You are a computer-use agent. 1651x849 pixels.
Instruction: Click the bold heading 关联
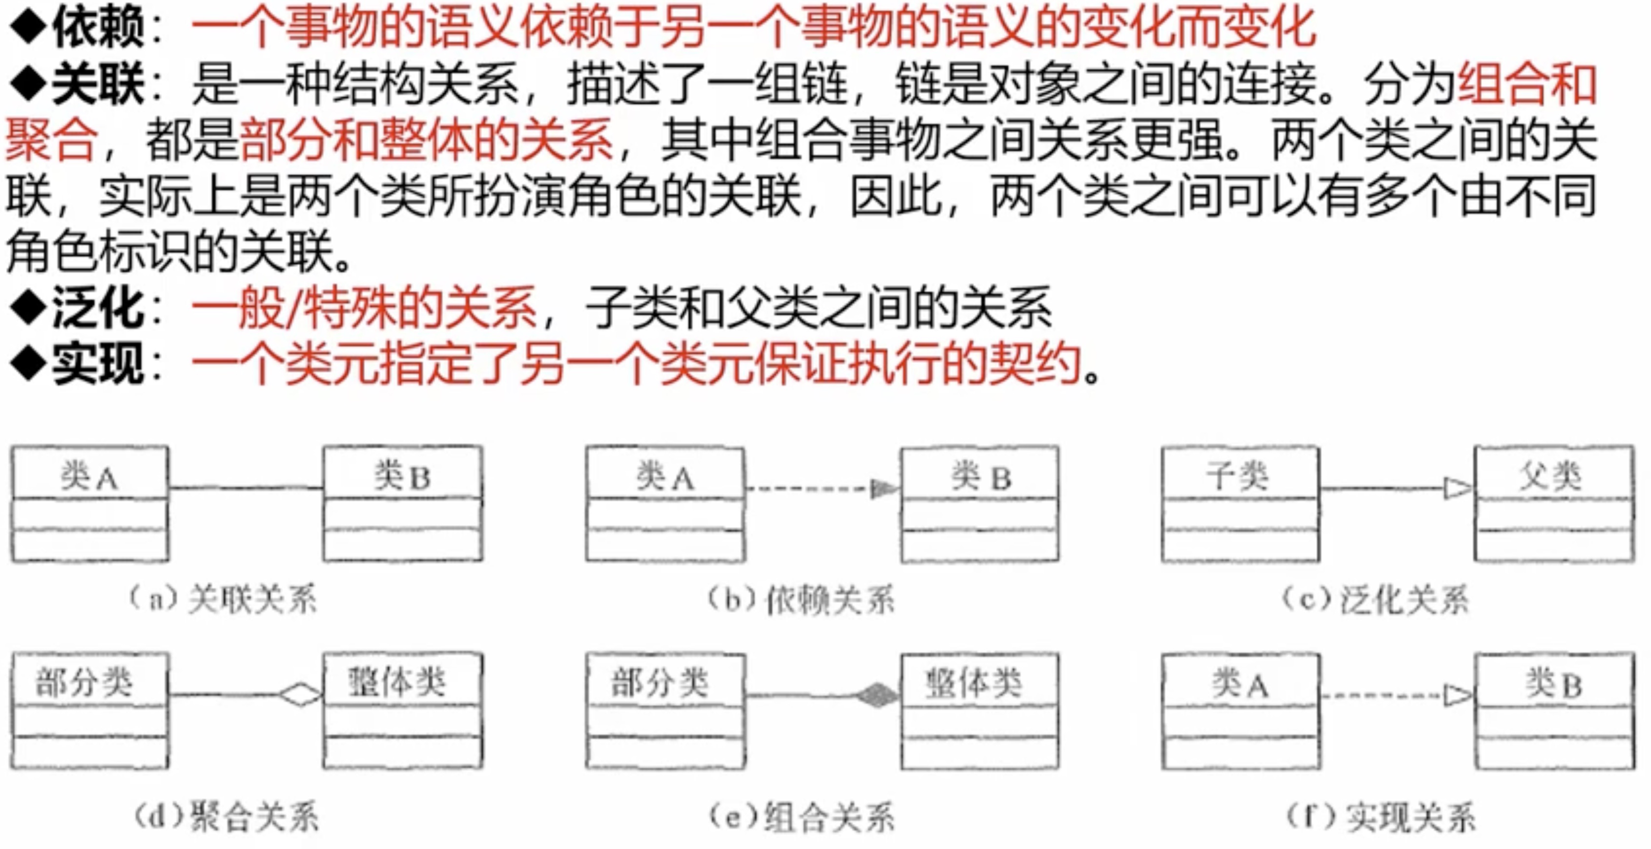[98, 84]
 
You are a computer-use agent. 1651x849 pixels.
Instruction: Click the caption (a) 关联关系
[223, 600]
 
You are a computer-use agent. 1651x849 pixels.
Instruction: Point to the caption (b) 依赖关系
[801, 600]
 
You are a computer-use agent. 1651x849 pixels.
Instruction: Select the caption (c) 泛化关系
[1375, 600]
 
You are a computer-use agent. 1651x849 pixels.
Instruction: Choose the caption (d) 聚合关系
[226, 816]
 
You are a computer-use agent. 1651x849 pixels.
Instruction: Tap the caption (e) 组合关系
[801, 816]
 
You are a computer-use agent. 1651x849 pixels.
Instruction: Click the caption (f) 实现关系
[1381, 816]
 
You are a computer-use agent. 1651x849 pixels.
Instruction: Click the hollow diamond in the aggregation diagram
[300, 695]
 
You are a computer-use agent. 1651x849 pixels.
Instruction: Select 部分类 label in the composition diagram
[660, 681]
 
